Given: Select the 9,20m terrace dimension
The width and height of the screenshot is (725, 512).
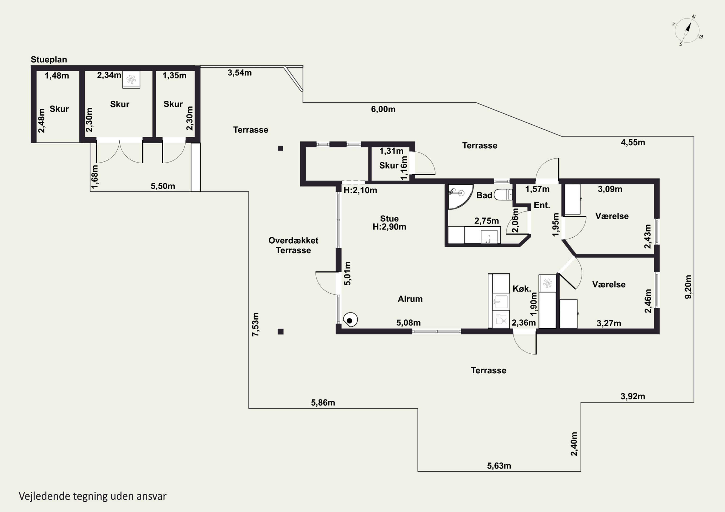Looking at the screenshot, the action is [x=688, y=287].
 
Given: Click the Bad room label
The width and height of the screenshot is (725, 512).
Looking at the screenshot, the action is [x=484, y=196].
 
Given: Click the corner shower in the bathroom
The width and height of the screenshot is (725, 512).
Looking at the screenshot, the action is [x=460, y=196].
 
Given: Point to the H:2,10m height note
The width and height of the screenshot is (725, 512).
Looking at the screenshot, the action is [x=360, y=190].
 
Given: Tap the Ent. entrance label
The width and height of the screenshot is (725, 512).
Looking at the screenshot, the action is [x=542, y=205].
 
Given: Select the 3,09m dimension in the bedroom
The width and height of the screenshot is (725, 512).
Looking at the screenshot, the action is [x=610, y=189].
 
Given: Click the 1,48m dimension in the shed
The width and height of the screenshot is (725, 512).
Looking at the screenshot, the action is [x=57, y=76].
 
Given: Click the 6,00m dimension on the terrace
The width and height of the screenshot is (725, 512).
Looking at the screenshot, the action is [x=383, y=109].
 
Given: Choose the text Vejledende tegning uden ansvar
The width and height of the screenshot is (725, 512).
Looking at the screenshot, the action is [x=93, y=496].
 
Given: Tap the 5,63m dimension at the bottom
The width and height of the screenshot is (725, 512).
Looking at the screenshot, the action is [x=499, y=466].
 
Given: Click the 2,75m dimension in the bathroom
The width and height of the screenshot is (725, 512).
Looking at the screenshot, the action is [x=487, y=221].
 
